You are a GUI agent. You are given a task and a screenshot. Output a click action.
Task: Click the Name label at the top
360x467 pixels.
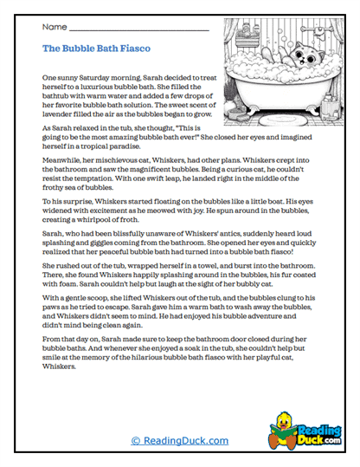pos(55,28)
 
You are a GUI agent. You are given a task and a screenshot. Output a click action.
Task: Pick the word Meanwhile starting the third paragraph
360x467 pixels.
pos(63,159)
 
